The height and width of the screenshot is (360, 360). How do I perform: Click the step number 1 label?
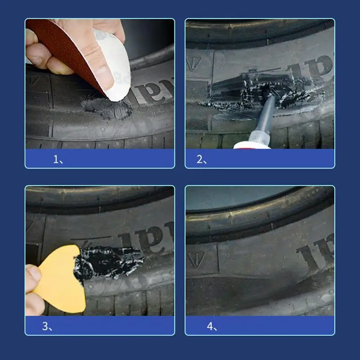tap(58, 159)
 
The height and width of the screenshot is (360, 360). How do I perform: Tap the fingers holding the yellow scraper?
tap(33, 288)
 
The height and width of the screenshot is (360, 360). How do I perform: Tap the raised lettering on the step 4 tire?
tap(315, 252)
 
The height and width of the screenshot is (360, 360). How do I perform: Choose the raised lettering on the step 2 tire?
tap(310, 67)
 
